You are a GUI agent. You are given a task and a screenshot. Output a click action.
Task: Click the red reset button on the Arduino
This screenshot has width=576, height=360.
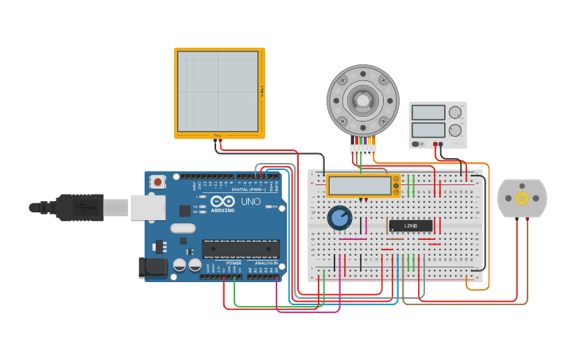(x=157, y=182)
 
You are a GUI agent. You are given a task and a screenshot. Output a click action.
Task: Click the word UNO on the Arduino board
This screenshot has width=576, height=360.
(x=250, y=202)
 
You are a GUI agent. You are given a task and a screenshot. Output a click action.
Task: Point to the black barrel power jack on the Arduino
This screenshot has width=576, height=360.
(x=153, y=268)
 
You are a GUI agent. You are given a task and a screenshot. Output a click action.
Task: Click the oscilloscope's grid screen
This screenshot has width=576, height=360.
(x=218, y=91)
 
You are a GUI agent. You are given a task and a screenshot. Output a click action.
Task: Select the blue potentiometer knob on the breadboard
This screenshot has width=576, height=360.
(x=339, y=217)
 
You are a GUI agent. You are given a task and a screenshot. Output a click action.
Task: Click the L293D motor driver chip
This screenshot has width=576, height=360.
(x=411, y=226)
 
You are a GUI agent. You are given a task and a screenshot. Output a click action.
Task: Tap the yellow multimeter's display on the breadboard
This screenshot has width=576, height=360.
(x=359, y=186)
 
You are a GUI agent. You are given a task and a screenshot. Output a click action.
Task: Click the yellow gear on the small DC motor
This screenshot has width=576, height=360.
(x=522, y=198)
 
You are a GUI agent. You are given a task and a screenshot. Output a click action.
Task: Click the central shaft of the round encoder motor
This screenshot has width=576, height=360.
(x=362, y=100)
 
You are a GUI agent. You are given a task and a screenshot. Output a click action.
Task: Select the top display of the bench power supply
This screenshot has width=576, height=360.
(x=428, y=113)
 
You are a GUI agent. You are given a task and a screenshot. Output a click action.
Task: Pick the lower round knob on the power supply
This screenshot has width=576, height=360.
(x=455, y=131)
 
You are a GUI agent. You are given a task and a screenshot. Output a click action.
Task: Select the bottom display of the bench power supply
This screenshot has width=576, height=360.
(x=428, y=130)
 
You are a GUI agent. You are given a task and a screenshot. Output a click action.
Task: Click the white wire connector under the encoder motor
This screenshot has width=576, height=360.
(x=362, y=149)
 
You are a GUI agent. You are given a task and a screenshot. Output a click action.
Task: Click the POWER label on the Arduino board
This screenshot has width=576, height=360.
(x=234, y=263)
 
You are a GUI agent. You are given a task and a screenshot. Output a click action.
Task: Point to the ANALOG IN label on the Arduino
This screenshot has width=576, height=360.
(x=265, y=263)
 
